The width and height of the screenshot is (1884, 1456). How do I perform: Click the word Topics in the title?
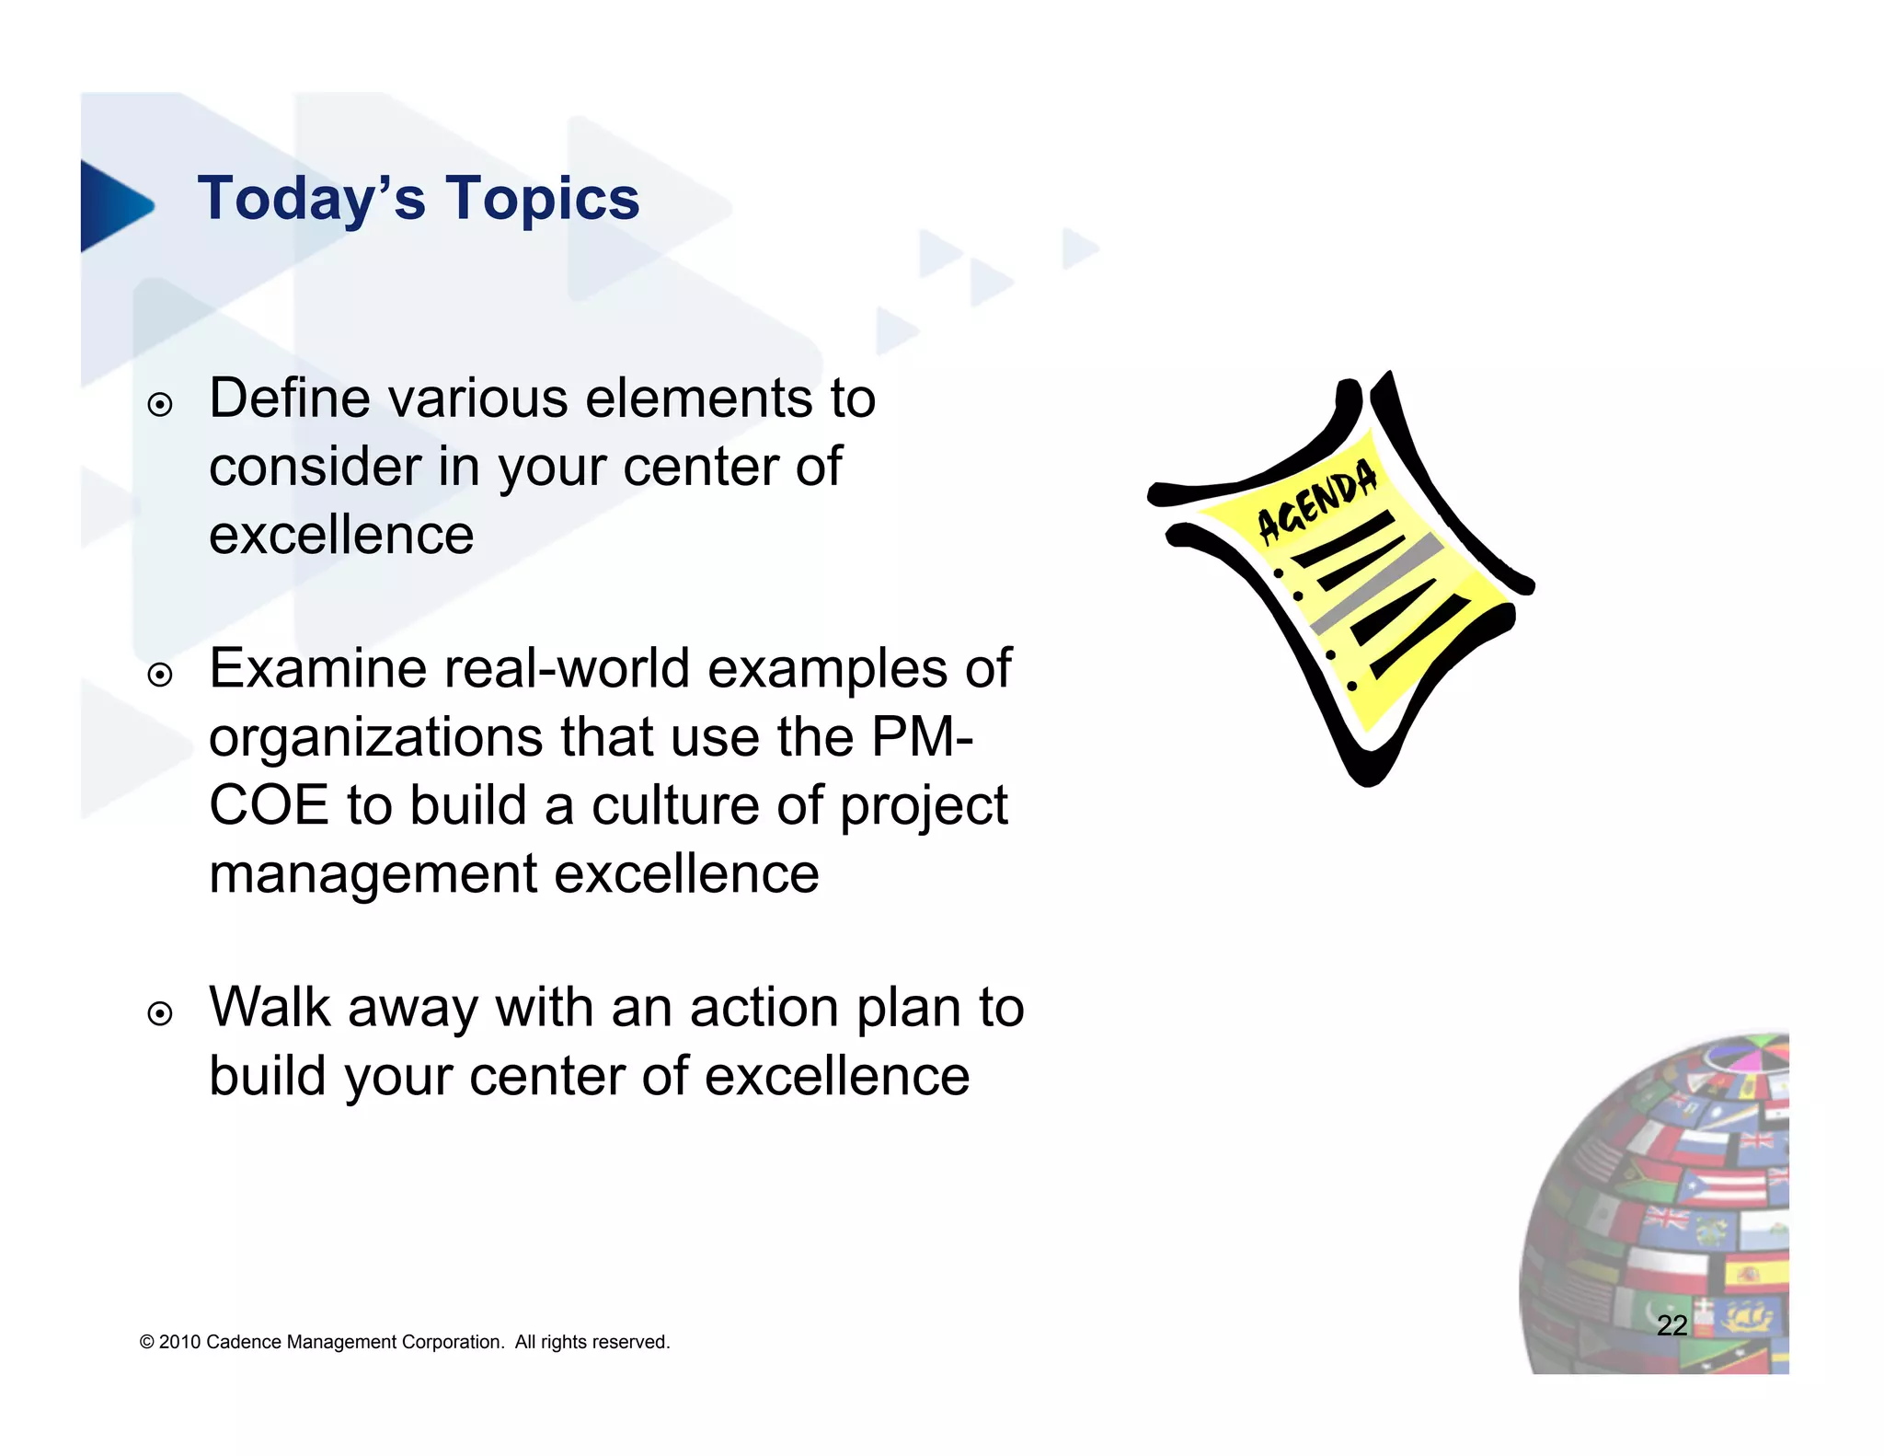543,199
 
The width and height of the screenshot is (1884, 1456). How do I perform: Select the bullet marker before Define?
160,405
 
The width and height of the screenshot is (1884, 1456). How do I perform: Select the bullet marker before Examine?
160,676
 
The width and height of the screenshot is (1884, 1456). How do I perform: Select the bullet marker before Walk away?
160,1014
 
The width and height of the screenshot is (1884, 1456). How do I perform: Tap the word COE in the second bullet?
269,805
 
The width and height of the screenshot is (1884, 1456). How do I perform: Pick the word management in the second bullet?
373,874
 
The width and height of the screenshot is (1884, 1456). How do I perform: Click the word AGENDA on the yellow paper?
1317,499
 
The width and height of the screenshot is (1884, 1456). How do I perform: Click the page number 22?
1671,1325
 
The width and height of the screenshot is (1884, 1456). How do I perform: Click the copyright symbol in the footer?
146,1342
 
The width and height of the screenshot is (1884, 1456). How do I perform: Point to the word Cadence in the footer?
245,1342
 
